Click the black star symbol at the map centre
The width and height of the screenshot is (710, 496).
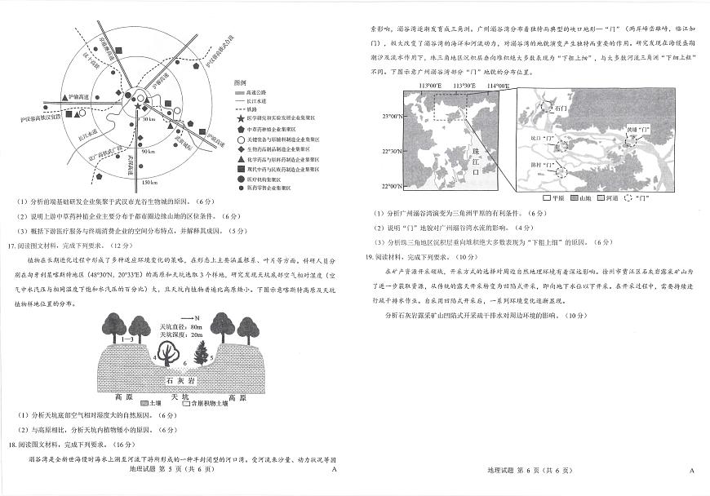click(135, 106)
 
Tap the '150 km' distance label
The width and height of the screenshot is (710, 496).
click(148, 181)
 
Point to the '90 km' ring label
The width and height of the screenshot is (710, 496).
click(147, 152)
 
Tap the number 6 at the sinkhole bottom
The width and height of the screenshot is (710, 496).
click(184, 362)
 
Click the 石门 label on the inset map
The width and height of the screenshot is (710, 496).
click(559, 108)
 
